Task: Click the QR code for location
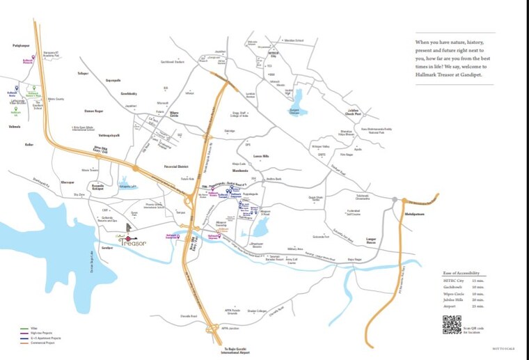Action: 452,324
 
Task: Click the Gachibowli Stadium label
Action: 173,62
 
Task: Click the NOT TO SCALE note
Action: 503,348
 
